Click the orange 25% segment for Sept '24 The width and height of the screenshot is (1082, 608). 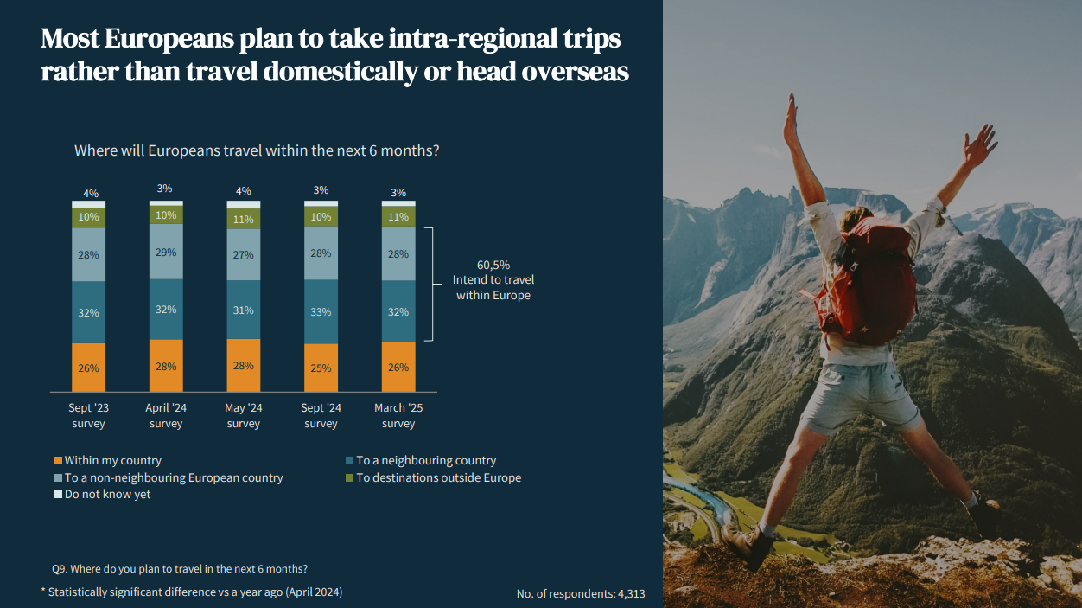point(321,368)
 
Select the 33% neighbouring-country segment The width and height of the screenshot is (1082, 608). point(321,311)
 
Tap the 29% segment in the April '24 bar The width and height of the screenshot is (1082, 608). point(166,252)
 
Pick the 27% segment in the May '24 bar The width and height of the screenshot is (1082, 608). point(244,254)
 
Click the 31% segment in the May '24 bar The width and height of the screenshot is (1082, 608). point(244,310)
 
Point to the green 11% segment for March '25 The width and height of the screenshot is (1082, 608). point(398,216)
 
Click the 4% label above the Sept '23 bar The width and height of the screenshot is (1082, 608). point(91,194)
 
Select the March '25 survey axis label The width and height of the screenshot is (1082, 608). point(398,416)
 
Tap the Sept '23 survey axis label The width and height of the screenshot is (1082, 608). point(88,416)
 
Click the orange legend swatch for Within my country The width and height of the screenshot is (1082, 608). point(59,461)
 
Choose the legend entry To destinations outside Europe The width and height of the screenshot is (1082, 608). point(434,477)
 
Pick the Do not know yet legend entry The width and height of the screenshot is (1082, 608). point(102,494)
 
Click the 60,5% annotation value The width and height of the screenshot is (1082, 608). point(493,265)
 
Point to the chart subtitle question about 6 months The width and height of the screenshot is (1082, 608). point(257,150)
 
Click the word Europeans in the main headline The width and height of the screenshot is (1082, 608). point(169,39)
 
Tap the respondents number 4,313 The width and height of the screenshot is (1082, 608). point(632,593)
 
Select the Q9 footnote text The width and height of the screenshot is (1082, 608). point(180,569)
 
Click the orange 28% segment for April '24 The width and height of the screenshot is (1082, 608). point(166,366)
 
